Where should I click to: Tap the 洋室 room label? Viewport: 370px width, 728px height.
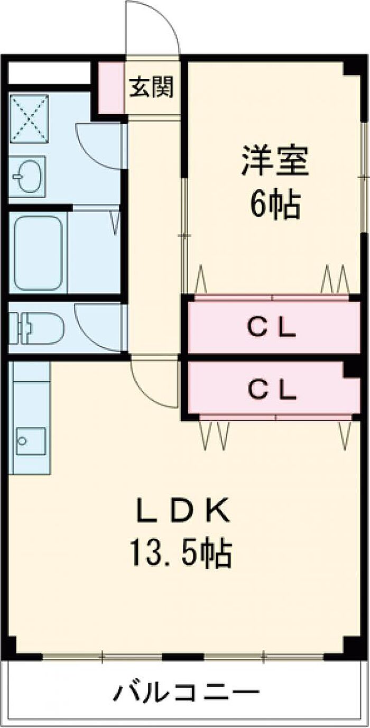pos(274,161)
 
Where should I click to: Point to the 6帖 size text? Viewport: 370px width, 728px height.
pos(274,204)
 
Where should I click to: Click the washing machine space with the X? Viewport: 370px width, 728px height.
pos(29,118)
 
